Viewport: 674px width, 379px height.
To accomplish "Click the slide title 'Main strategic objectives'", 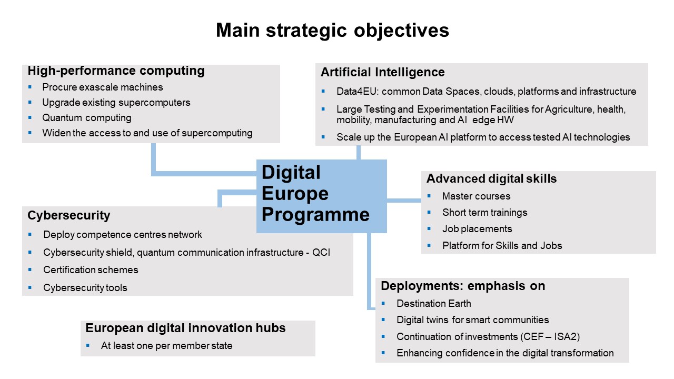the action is click(x=332, y=31).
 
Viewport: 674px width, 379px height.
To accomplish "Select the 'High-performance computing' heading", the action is click(x=116, y=71).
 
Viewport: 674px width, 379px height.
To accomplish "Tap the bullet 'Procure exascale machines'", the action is click(x=103, y=87).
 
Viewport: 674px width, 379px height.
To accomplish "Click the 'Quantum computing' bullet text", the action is click(x=87, y=117).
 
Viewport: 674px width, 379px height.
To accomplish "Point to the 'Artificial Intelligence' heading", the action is click(x=383, y=73).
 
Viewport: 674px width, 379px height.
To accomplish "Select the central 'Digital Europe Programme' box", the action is click(x=321, y=196).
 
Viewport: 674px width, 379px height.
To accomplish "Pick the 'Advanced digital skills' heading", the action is click(x=492, y=178).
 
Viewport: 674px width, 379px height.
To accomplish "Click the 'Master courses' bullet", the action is click(x=477, y=196).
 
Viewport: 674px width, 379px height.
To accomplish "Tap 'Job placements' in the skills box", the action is click(x=477, y=229).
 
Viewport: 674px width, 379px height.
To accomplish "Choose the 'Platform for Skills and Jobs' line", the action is click(x=502, y=245).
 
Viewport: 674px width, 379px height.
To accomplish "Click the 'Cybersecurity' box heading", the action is click(x=69, y=216).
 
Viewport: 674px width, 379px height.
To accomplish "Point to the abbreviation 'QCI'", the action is click(x=321, y=252).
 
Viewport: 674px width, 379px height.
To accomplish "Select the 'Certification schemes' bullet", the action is click(x=91, y=270).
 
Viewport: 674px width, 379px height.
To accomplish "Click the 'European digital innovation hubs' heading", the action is click(x=185, y=328).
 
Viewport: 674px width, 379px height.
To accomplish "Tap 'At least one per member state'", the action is click(x=167, y=346).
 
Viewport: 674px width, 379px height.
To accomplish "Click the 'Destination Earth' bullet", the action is click(x=434, y=304).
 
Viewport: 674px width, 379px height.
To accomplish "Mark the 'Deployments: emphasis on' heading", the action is click(x=463, y=286).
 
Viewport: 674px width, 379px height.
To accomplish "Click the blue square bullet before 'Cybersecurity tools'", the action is click(x=30, y=287).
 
